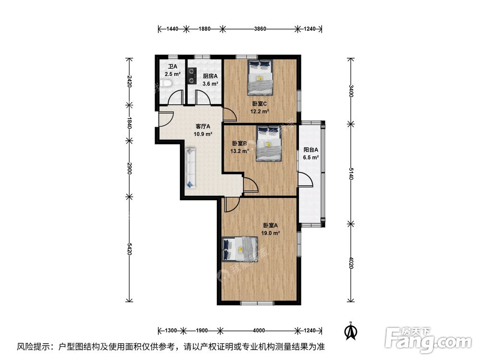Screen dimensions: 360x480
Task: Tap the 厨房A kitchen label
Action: (x=210, y=76)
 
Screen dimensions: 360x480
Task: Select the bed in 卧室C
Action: (x=260, y=77)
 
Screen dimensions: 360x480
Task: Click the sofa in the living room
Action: (x=190, y=168)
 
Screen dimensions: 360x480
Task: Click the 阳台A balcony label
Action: (x=311, y=149)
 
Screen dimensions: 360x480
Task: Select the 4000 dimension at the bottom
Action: (x=259, y=330)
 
